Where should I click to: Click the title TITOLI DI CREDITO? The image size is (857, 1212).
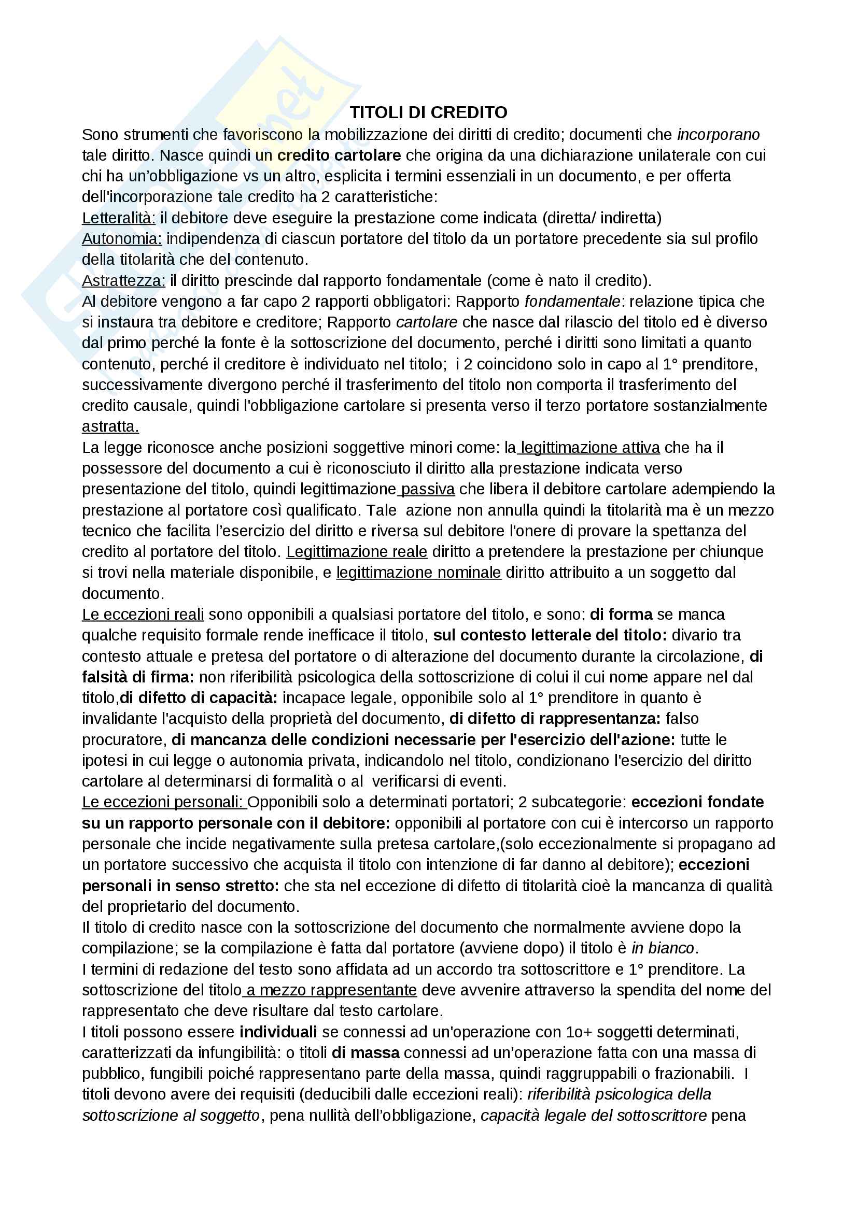coord(428,112)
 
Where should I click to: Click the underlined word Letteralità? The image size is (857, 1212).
coord(118,218)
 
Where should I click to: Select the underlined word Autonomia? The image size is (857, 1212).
coord(121,238)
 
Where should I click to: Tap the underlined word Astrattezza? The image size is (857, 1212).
coord(123,280)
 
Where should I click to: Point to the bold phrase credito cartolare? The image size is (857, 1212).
coord(339,155)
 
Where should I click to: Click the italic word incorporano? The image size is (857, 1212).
coord(718,135)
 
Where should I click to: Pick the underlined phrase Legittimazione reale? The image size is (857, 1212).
coord(356,552)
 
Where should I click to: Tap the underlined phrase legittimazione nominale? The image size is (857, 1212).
coord(418,572)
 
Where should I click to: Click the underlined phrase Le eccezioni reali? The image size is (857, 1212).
coord(143,615)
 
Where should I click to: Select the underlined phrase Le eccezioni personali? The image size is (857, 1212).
coord(164,802)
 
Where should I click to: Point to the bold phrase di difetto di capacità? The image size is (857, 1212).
coord(199,698)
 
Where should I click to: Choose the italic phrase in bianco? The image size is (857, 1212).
coord(663,948)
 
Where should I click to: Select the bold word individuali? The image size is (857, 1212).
coord(278,1032)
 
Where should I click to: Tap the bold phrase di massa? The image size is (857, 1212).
coord(366,1052)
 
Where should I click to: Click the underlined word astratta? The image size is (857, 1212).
coord(110,426)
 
